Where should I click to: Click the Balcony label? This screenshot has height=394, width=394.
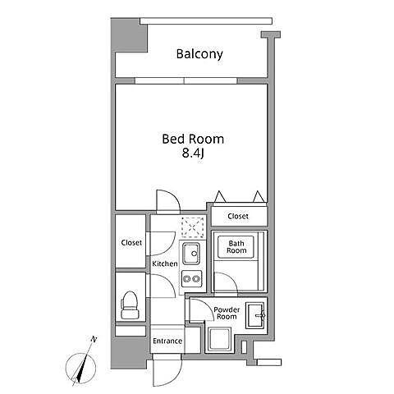click(199, 54)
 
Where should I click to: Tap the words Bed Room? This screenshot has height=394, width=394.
click(193, 139)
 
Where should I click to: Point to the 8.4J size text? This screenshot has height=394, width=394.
click(193, 153)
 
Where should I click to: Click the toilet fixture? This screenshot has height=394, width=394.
click(129, 305)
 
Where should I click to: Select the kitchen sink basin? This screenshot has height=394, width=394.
click(191, 254)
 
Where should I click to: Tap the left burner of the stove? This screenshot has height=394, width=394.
click(187, 279)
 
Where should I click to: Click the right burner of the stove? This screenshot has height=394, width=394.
click(195, 279)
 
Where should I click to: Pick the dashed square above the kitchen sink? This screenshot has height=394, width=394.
click(193, 227)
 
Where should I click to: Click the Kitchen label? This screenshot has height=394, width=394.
click(165, 263)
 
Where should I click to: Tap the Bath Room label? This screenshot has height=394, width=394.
click(236, 247)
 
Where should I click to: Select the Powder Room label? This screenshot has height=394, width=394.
click(227, 314)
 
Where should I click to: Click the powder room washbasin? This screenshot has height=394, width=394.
click(255, 315)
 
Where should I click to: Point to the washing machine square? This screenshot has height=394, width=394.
click(220, 339)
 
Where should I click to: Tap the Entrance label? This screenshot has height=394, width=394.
click(167, 341)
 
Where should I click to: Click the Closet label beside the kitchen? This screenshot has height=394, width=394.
click(131, 243)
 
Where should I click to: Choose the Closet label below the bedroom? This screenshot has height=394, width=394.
click(238, 216)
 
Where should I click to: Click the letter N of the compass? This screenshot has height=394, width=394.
click(94, 340)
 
